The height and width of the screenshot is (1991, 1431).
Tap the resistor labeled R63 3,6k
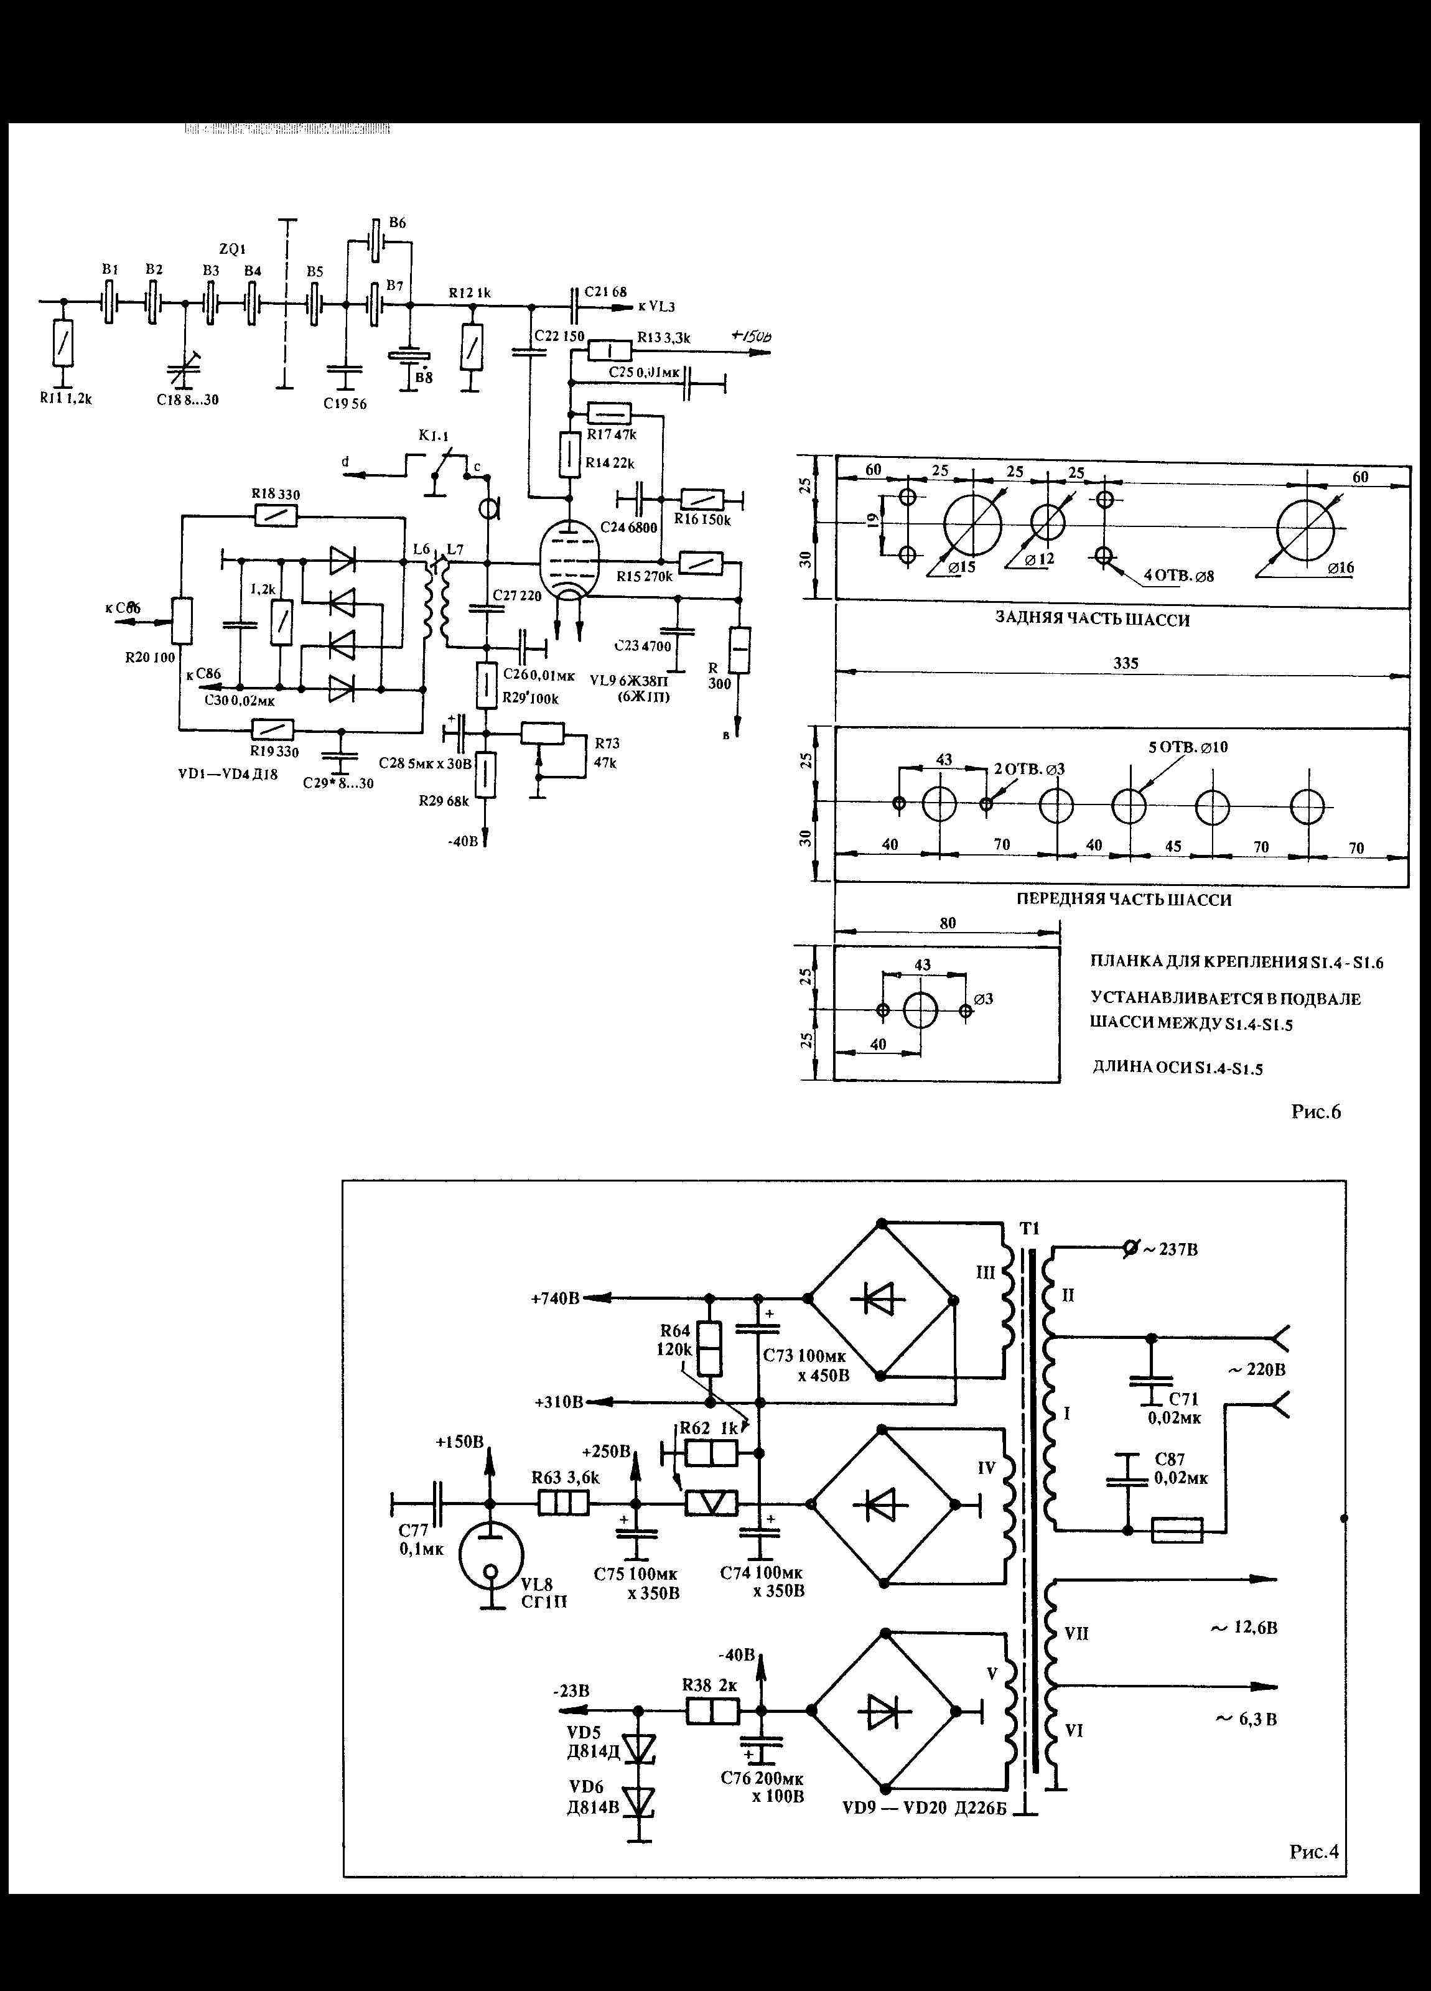562,1504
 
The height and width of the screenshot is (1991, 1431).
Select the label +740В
555,1299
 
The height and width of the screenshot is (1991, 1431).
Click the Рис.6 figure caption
1315,1112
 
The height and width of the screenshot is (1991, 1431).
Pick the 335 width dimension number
1126,664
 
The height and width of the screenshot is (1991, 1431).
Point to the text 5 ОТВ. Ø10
1189,747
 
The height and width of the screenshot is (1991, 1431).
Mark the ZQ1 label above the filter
232,250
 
